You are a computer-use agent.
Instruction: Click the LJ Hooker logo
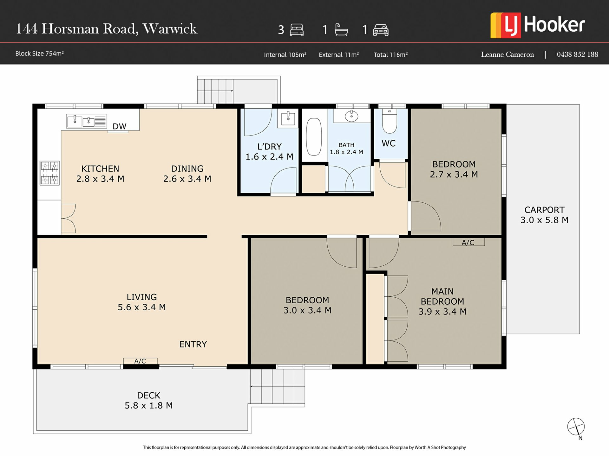537,25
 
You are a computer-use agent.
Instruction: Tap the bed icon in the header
297,30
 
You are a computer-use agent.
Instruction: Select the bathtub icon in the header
341,29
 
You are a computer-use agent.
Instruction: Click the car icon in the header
381,30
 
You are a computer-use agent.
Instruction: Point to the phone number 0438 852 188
577,54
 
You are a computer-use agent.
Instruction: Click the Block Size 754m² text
40,54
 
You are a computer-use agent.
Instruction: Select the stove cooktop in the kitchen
50,173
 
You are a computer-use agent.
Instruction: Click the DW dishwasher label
120,126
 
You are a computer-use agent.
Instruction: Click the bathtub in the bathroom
314,137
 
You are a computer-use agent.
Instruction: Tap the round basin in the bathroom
351,116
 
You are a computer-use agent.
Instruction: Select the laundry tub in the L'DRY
288,118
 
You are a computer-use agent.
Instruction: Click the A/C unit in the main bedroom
468,242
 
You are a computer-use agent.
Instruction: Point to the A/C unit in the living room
140,361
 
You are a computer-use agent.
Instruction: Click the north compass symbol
576,427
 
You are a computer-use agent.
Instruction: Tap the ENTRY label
193,344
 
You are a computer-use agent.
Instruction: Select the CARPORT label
544,210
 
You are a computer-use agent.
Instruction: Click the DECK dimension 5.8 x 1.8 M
148,406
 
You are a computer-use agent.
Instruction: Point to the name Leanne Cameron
507,54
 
